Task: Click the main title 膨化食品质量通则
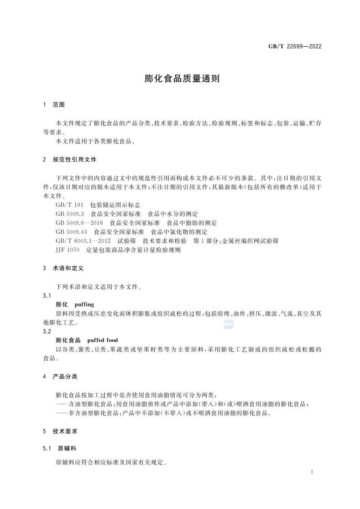coord(182,79)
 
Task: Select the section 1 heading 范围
coord(59,105)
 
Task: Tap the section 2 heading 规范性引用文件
coord(75,159)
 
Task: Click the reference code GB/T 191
coord(69,205)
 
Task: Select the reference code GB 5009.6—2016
coord(79,223)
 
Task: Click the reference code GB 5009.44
coord(71,232)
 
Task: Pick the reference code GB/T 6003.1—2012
coord(83,241)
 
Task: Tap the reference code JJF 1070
coord(67,250)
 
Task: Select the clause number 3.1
coord(47,295)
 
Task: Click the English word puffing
coord(84,304)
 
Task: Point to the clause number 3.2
coord(47,331)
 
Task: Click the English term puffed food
coord(102,340)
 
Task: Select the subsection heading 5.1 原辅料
coord(60,448)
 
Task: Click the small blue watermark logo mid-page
coord(229,324)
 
